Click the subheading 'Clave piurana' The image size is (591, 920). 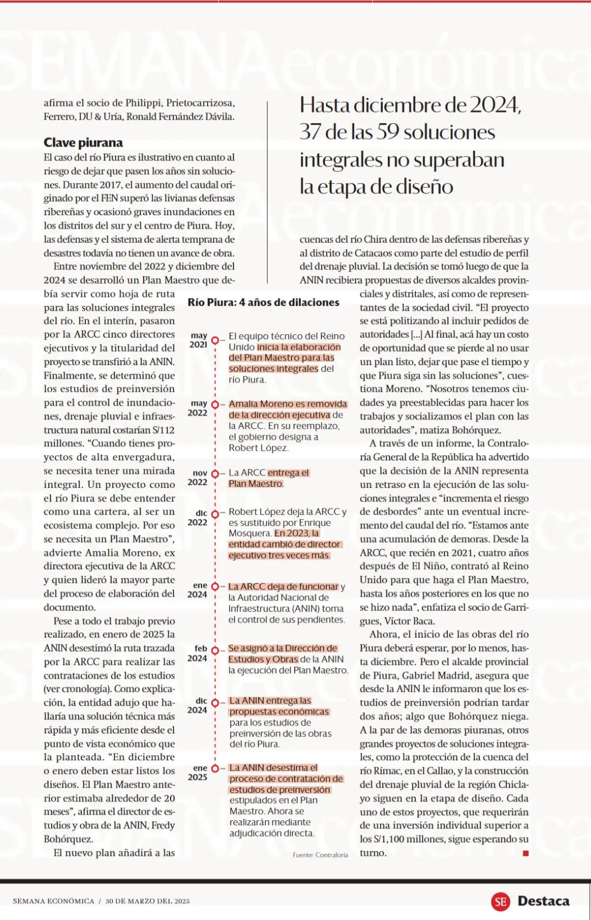click(x=83, y=143)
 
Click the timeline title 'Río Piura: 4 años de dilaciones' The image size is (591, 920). click(x=263, y=302)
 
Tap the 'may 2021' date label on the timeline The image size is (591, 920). click(x=199, y=340)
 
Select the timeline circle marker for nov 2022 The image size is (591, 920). click(x=215, y=473)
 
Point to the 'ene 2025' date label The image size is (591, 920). click(x=199, y=773)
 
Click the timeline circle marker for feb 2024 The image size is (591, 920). click(x=215, y=649)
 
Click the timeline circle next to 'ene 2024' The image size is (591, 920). click(x=215, y=586)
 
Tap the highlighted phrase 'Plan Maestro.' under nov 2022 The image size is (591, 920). click(x=256, y=484)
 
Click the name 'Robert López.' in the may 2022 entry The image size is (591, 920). click(x=258, y=448)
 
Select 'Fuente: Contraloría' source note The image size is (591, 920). click(x=320, y=855)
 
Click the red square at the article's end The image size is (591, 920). click(x=525, y=853)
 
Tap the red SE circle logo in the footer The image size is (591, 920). click(x=500, y=901)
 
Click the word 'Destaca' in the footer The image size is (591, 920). click(x=543, y=901)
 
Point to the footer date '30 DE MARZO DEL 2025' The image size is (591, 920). click(x=148, y=901)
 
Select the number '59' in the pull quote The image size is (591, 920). click(x=387, y=132)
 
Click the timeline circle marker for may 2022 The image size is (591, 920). click(x=215, y=404)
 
